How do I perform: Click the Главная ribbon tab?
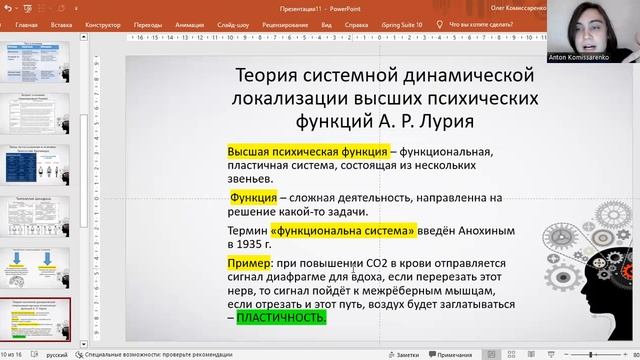click(x=27, y=23)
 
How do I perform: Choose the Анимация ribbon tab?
click(x=191, y=23)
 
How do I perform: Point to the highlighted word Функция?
click(x=253, y=198)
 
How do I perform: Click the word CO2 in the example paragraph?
click(x=388, y=263)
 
